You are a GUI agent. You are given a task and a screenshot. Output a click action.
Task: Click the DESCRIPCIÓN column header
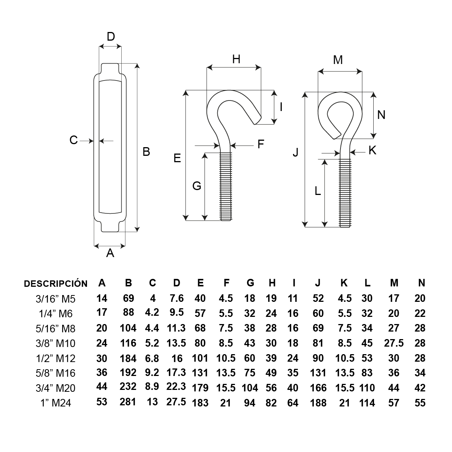pos(55,283)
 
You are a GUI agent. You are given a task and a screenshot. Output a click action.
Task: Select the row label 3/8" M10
pos(55,343)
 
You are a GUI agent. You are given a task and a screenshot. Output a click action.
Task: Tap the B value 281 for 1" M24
pos(128,402)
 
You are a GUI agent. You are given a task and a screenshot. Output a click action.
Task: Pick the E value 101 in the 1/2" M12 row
pos(200,358)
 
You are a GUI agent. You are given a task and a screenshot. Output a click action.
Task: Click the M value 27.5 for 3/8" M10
pos(394,343)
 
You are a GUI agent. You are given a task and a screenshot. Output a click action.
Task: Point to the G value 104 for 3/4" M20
pos(250,388)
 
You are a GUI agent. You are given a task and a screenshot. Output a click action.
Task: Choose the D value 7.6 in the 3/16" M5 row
pos(177,298)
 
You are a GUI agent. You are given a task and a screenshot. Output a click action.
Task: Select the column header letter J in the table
pos(318,283)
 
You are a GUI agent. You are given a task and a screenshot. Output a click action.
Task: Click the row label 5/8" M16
pos(55,373)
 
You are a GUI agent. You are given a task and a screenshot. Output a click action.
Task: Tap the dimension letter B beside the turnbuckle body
pos(146,152)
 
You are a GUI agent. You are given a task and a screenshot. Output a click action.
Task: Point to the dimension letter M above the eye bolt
pos(338,59)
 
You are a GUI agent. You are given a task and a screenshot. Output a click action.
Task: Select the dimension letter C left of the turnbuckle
pos(73,140)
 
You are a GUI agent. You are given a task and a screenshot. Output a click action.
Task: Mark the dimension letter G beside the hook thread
pos(196,186)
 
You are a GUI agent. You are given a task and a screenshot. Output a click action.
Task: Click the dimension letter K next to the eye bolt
pos(372,150)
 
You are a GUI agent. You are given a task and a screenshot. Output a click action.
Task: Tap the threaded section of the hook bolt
pos(226,186)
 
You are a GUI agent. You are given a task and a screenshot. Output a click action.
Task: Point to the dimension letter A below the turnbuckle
pos(110,253)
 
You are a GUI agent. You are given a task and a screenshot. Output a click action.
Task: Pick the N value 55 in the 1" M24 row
pos(420,402)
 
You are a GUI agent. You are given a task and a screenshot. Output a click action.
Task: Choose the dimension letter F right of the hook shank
pos(261,144)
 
